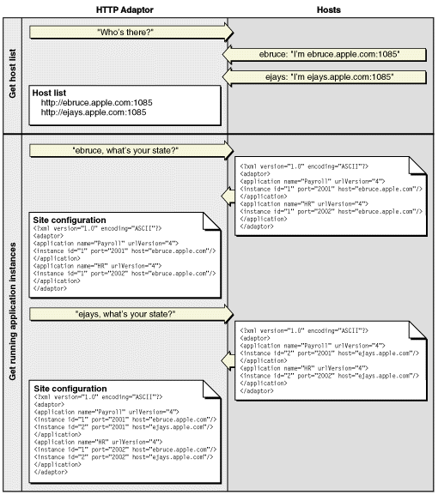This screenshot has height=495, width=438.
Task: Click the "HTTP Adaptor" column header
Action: click(x=125, y=9)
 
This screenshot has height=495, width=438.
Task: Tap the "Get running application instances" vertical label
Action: click(x=12, y=311)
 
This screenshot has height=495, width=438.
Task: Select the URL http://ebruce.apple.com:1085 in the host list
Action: click(x=94, y=102)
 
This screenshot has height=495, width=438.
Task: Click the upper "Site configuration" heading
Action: click(x=69, y=220)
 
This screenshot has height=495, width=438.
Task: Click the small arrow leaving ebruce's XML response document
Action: click(x=228, y=197)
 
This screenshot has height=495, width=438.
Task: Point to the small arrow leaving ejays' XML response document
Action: click(x=228, y=359)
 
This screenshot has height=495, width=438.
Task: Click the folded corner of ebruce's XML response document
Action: click(x=424, y=163)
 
